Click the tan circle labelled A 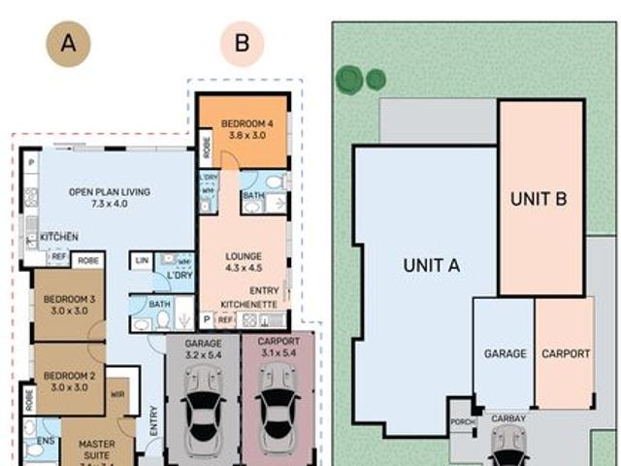coord(69,44)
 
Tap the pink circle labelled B coord(242,44)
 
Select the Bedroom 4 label coord(241,130)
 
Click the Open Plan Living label coord(109,198)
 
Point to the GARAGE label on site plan coord(505,354)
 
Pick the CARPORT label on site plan coord(565,354)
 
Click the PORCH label coord(462,422)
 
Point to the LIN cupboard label coord(142,260)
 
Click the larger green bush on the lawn coord(349,80)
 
